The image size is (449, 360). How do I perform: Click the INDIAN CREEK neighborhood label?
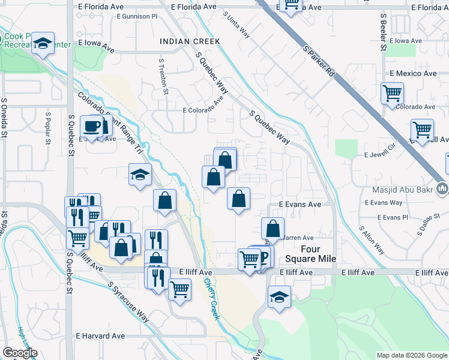[x=190, y=41]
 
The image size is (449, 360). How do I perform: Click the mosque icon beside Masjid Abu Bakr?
[x=442, y=189]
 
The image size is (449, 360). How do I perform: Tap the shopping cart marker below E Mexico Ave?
[x=392, y=94]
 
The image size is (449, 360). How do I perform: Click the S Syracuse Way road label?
[x=128, y=301]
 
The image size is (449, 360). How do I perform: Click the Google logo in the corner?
[x=20, y=353]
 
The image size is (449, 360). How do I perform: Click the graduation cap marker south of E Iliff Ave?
[x=279, y=298]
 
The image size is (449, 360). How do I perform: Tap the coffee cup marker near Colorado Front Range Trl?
[x=93, y=127]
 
